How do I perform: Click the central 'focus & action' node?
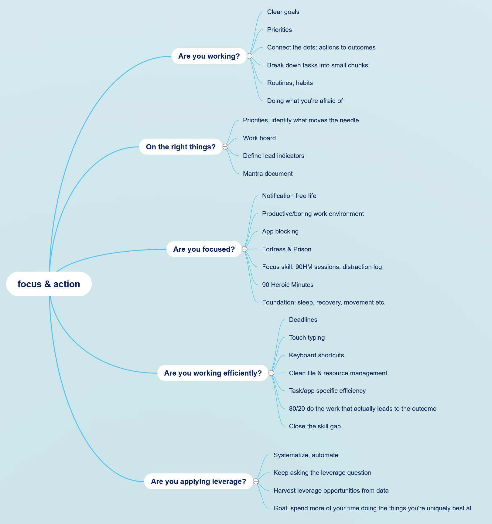49,284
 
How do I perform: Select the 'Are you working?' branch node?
209,56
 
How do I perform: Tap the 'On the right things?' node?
181,147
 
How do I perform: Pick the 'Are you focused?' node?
204,249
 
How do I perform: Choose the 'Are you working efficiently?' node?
213,373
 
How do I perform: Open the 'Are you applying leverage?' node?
199,481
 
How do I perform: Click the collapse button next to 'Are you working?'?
249,56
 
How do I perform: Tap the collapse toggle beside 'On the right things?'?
225,147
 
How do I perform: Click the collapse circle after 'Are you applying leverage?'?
256,481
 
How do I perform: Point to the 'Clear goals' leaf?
283,12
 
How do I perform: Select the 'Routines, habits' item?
290,83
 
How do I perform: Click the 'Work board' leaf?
259,138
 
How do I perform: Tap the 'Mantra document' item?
268,174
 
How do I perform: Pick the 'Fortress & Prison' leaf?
287,249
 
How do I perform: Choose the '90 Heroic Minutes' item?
288,285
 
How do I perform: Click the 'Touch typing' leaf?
307,338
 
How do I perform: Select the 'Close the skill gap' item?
315,426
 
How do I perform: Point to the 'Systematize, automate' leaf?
306,455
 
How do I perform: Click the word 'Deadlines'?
303,320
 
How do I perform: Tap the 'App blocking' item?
280,231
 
